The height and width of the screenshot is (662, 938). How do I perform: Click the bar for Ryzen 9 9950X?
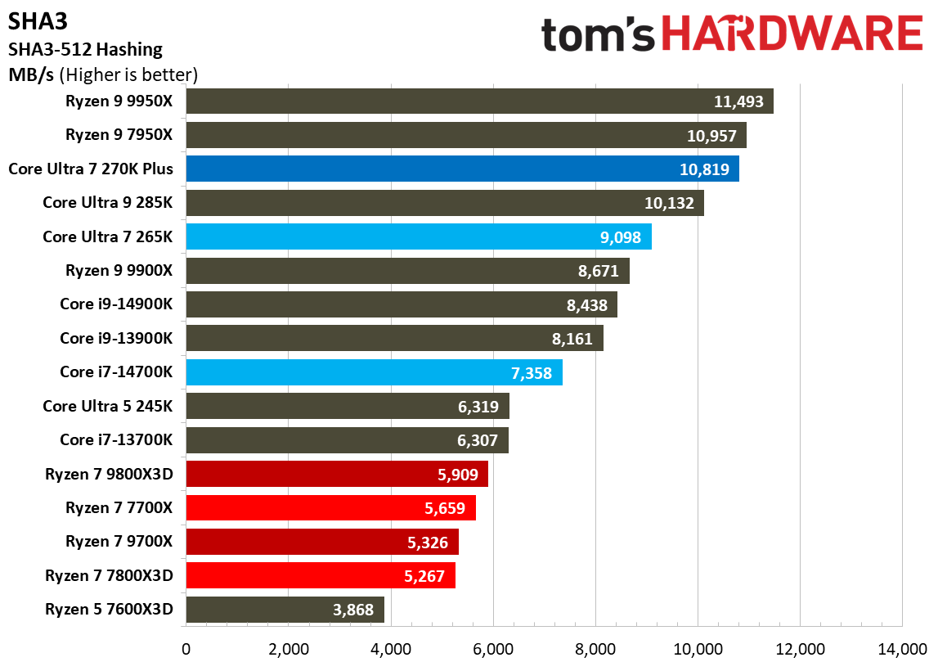click(479, 101)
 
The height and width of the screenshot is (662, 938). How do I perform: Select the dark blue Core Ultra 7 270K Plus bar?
click(462, 169)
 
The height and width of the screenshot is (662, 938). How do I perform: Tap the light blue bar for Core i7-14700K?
click(374, 372)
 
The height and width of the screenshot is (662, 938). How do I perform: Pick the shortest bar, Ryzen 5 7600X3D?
click(285, 610)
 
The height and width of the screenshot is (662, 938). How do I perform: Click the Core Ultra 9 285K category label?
click(107, 203)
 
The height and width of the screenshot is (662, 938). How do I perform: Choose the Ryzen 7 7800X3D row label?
click(110, 575)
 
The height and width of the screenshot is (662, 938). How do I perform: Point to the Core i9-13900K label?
click(116, 338)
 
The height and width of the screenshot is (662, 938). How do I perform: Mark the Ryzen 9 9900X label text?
click(119, 270)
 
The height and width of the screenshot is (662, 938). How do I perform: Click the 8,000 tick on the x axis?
click(595, 649)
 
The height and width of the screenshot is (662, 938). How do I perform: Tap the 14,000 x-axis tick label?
click(901, 649)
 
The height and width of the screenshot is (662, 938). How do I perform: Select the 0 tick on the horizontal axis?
click(186, 649)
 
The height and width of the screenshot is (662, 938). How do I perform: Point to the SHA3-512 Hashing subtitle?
click(85, 49)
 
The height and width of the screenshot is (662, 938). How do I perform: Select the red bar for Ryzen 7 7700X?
click(330, 508)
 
